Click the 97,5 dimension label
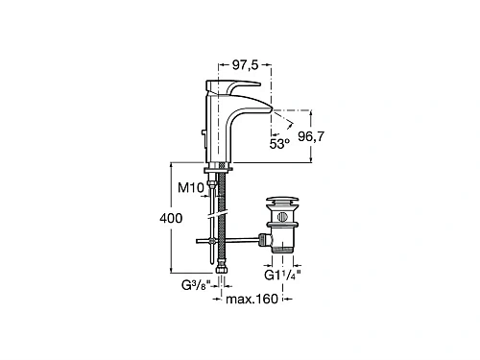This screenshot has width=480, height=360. pyautogui.click(x=245, y=65)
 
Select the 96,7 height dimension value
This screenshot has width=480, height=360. pyautogui.click(x=311, y=136)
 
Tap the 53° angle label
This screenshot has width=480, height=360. pyautogui.click(x=279, y=144)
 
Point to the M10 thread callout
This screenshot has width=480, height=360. pyautogui.click(x=191, y=187)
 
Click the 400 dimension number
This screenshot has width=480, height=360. pyautogui.click(x=171, y=218)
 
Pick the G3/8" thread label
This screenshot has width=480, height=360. pyautogui.click(x=197, y=284)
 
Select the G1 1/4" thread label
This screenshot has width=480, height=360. pyautogui.click(x=282, y=275)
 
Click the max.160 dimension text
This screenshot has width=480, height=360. pyautogui.click(x=252, y=299)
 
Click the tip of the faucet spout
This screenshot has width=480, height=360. pyautogui.click(x=272, y=109)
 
